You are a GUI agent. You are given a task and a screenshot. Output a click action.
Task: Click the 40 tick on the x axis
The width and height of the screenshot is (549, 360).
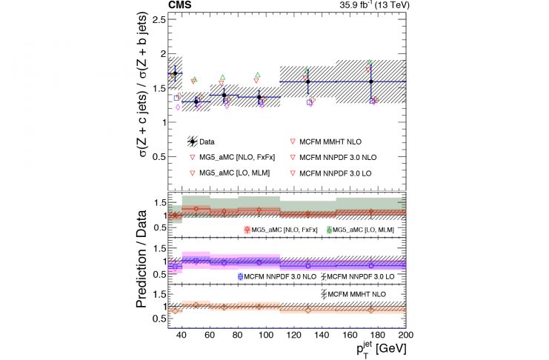[x=182, y=335]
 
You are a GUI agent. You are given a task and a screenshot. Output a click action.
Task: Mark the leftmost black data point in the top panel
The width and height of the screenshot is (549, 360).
[x=175, y=73]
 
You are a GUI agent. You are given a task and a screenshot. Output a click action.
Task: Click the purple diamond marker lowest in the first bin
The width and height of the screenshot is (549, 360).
[x=178, y=107]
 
